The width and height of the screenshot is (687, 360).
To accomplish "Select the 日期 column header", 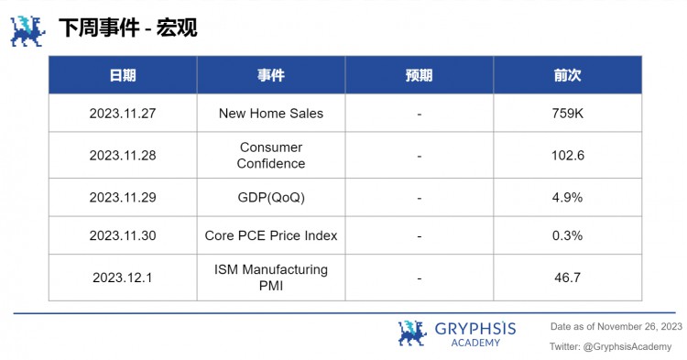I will pos(123,75).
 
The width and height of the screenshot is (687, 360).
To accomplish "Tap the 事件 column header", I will pos(270,75).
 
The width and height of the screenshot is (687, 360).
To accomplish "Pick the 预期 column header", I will pos(419,75).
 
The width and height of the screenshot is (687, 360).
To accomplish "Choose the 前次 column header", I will pos(568,75).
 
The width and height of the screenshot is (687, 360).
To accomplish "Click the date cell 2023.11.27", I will pos(123,114).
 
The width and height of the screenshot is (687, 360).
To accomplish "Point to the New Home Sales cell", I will pos(271,114).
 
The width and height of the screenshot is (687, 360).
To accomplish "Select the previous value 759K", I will pos(568,114).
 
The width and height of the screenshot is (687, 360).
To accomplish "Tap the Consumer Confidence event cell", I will pos(270,155).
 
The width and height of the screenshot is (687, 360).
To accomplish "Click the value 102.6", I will pos(568,156).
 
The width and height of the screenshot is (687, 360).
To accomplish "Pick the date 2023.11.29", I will pos(123,197).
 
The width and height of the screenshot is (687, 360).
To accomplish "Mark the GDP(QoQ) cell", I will pos(271,197).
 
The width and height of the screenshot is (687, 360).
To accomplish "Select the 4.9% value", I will pos(568,197).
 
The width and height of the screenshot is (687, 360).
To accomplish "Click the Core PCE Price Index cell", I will pos(271,235).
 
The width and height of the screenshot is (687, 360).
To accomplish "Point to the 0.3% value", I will pos(568,235).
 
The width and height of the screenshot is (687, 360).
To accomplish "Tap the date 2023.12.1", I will pos(123,278).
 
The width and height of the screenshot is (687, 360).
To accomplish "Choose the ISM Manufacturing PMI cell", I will pos(270,278).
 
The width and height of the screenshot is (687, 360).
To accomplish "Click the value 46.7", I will pos(568,278).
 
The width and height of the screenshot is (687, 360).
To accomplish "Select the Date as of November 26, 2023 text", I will pos(616,326).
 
